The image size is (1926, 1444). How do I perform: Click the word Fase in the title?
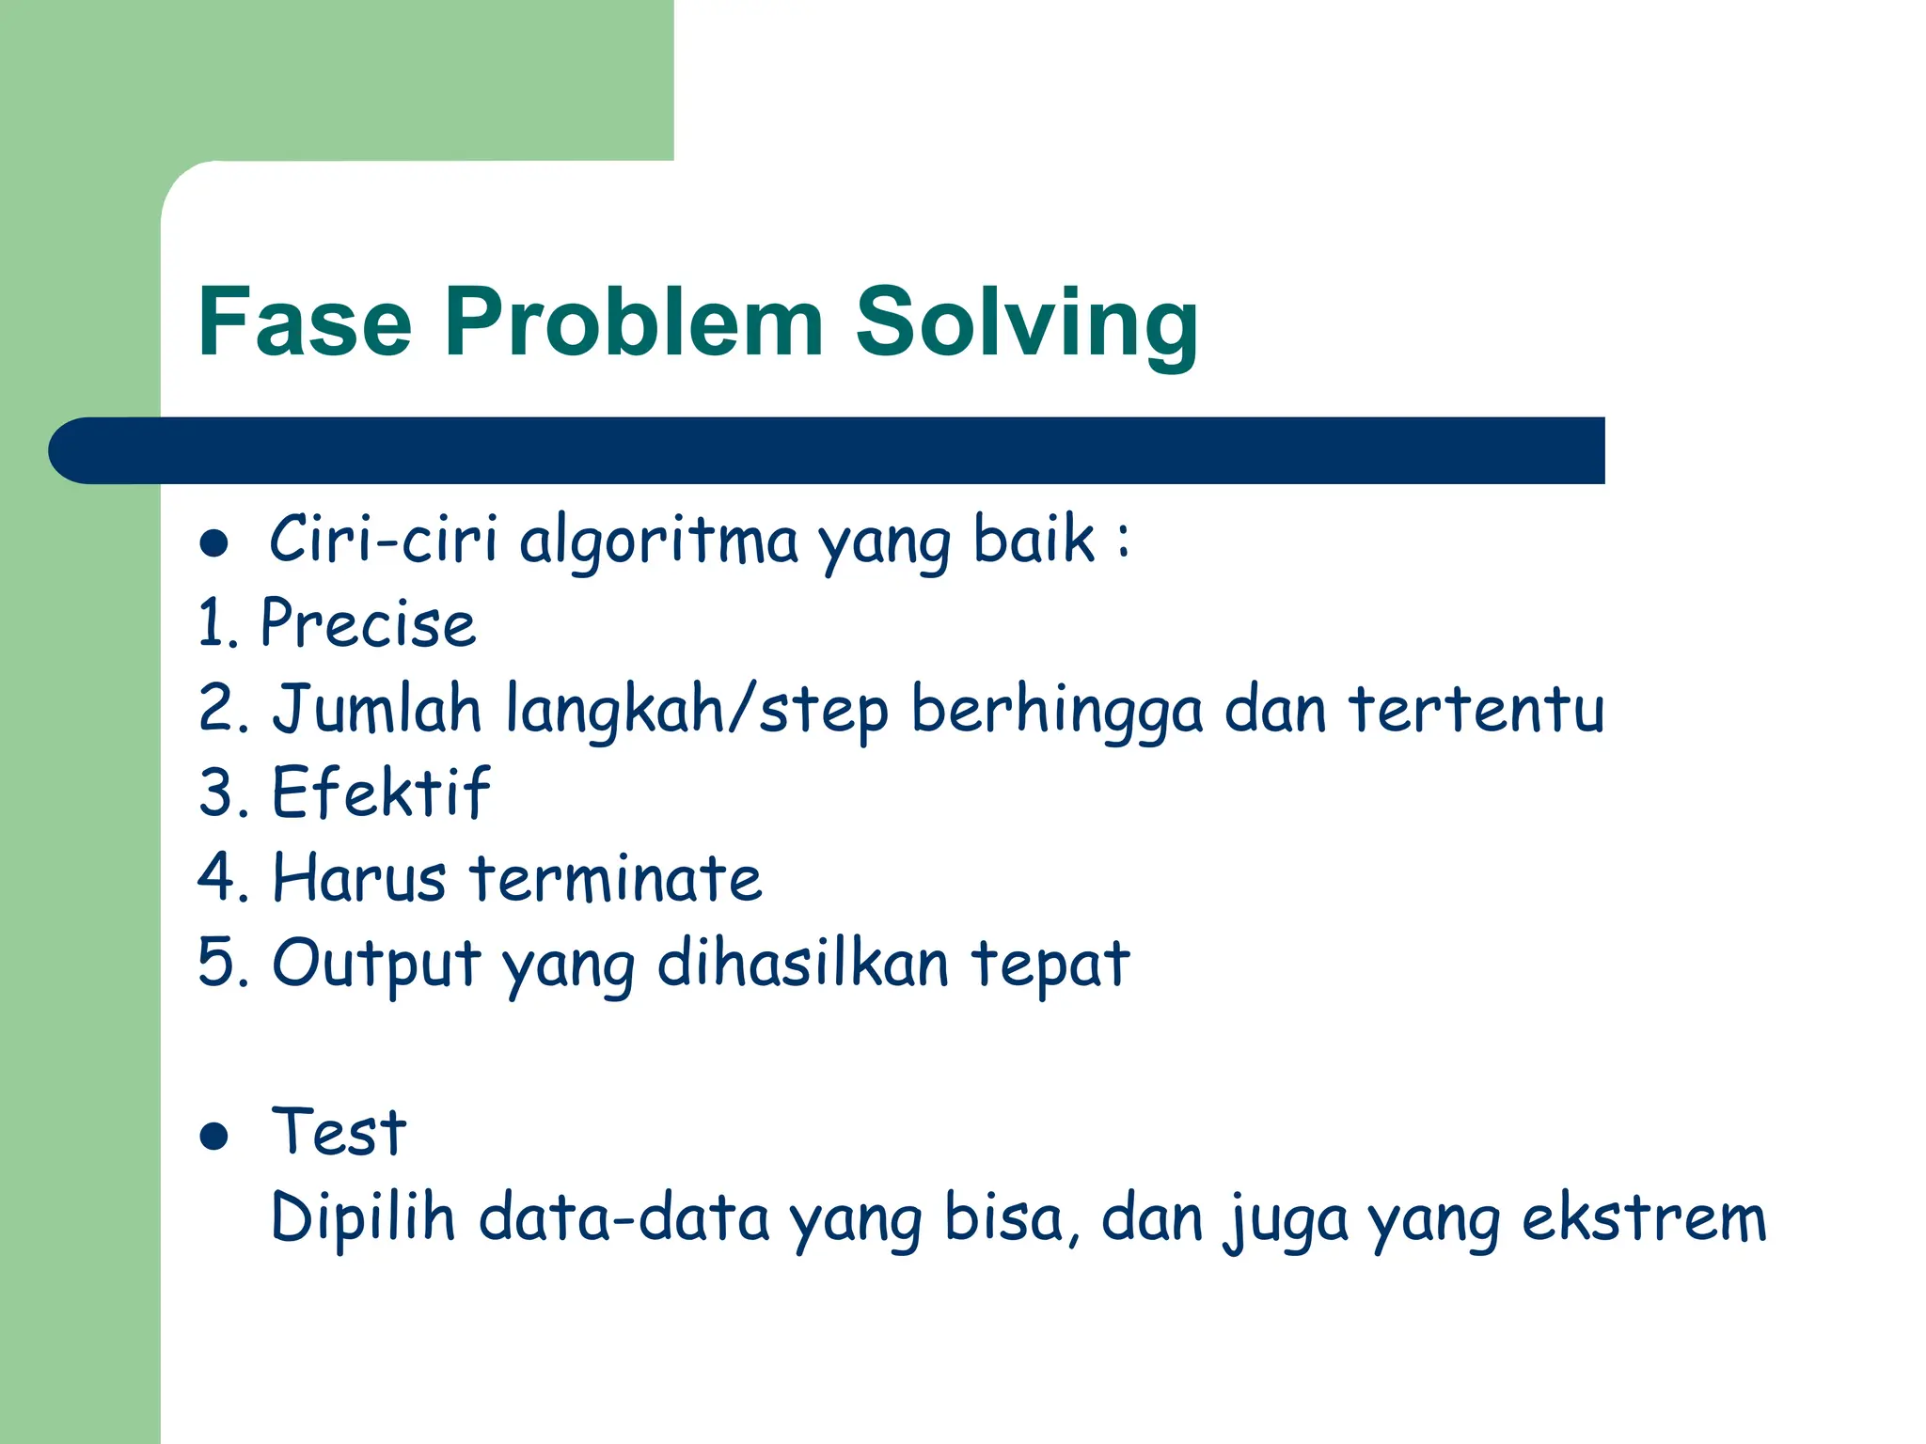[x=305, y=322]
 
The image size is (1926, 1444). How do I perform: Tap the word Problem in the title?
[x=634, y=322]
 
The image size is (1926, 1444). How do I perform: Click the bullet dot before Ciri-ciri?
[x=214, y=543]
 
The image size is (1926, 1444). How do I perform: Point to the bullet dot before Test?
[x=214, y=1136]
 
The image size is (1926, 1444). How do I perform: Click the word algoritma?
[x=658, y=541]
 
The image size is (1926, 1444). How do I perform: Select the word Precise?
[x=368, y=624]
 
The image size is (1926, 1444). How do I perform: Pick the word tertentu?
[x=1476, y=708]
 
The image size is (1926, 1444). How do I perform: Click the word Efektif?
[x=381, y=793]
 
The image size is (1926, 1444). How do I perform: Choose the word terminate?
[x=616, y=878]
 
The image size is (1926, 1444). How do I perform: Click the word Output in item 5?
[x=376, y=965]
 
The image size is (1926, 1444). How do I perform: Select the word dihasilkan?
[x=802, y=965]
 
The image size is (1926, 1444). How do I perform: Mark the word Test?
[x=339, y=1132]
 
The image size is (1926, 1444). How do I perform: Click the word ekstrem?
[x=1644, y=1218]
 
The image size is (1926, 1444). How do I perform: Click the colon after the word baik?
[x=1123, y=541]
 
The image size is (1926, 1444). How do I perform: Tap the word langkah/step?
[x=697, y=710]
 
